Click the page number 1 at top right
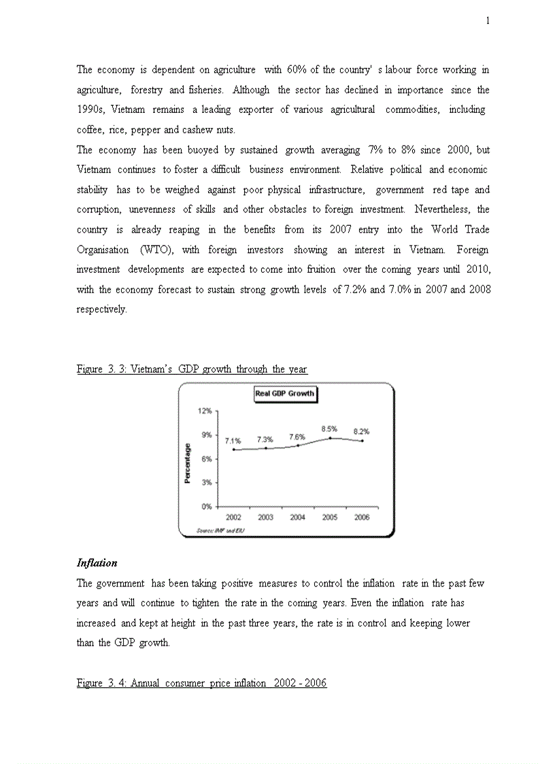click(488, 21)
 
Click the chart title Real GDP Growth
click(285, 393)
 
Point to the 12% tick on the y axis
click(205, 411)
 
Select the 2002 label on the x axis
click(233, 518)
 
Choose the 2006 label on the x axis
click(362, 518)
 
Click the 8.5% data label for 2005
click(329, 429)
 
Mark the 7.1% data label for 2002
click(233, 441)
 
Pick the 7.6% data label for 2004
click(297, 437)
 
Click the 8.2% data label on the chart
click(361, 432)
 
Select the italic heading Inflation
click(97, 563)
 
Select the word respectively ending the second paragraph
click(101, 310)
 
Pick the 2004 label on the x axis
click(297, 518)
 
